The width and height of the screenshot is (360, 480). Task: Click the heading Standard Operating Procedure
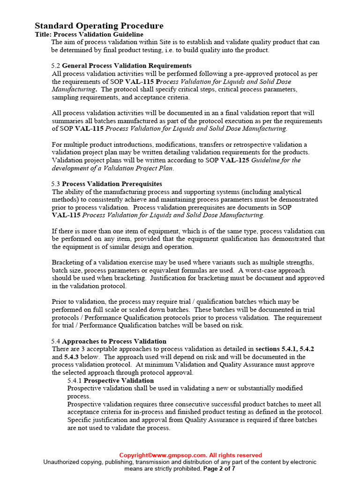[99, 26]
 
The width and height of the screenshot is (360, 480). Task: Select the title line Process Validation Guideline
[89, 34]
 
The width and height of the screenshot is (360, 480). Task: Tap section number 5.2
[56, 66]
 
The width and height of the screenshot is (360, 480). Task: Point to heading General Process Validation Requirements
[127, 66]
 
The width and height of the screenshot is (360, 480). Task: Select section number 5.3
[56, 184]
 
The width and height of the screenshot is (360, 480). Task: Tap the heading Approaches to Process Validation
[114, 341]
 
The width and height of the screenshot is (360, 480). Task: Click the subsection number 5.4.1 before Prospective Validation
[75, 381]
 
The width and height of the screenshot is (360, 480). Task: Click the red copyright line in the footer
[190, 455]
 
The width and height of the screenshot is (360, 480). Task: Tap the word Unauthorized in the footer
[66, 462]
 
